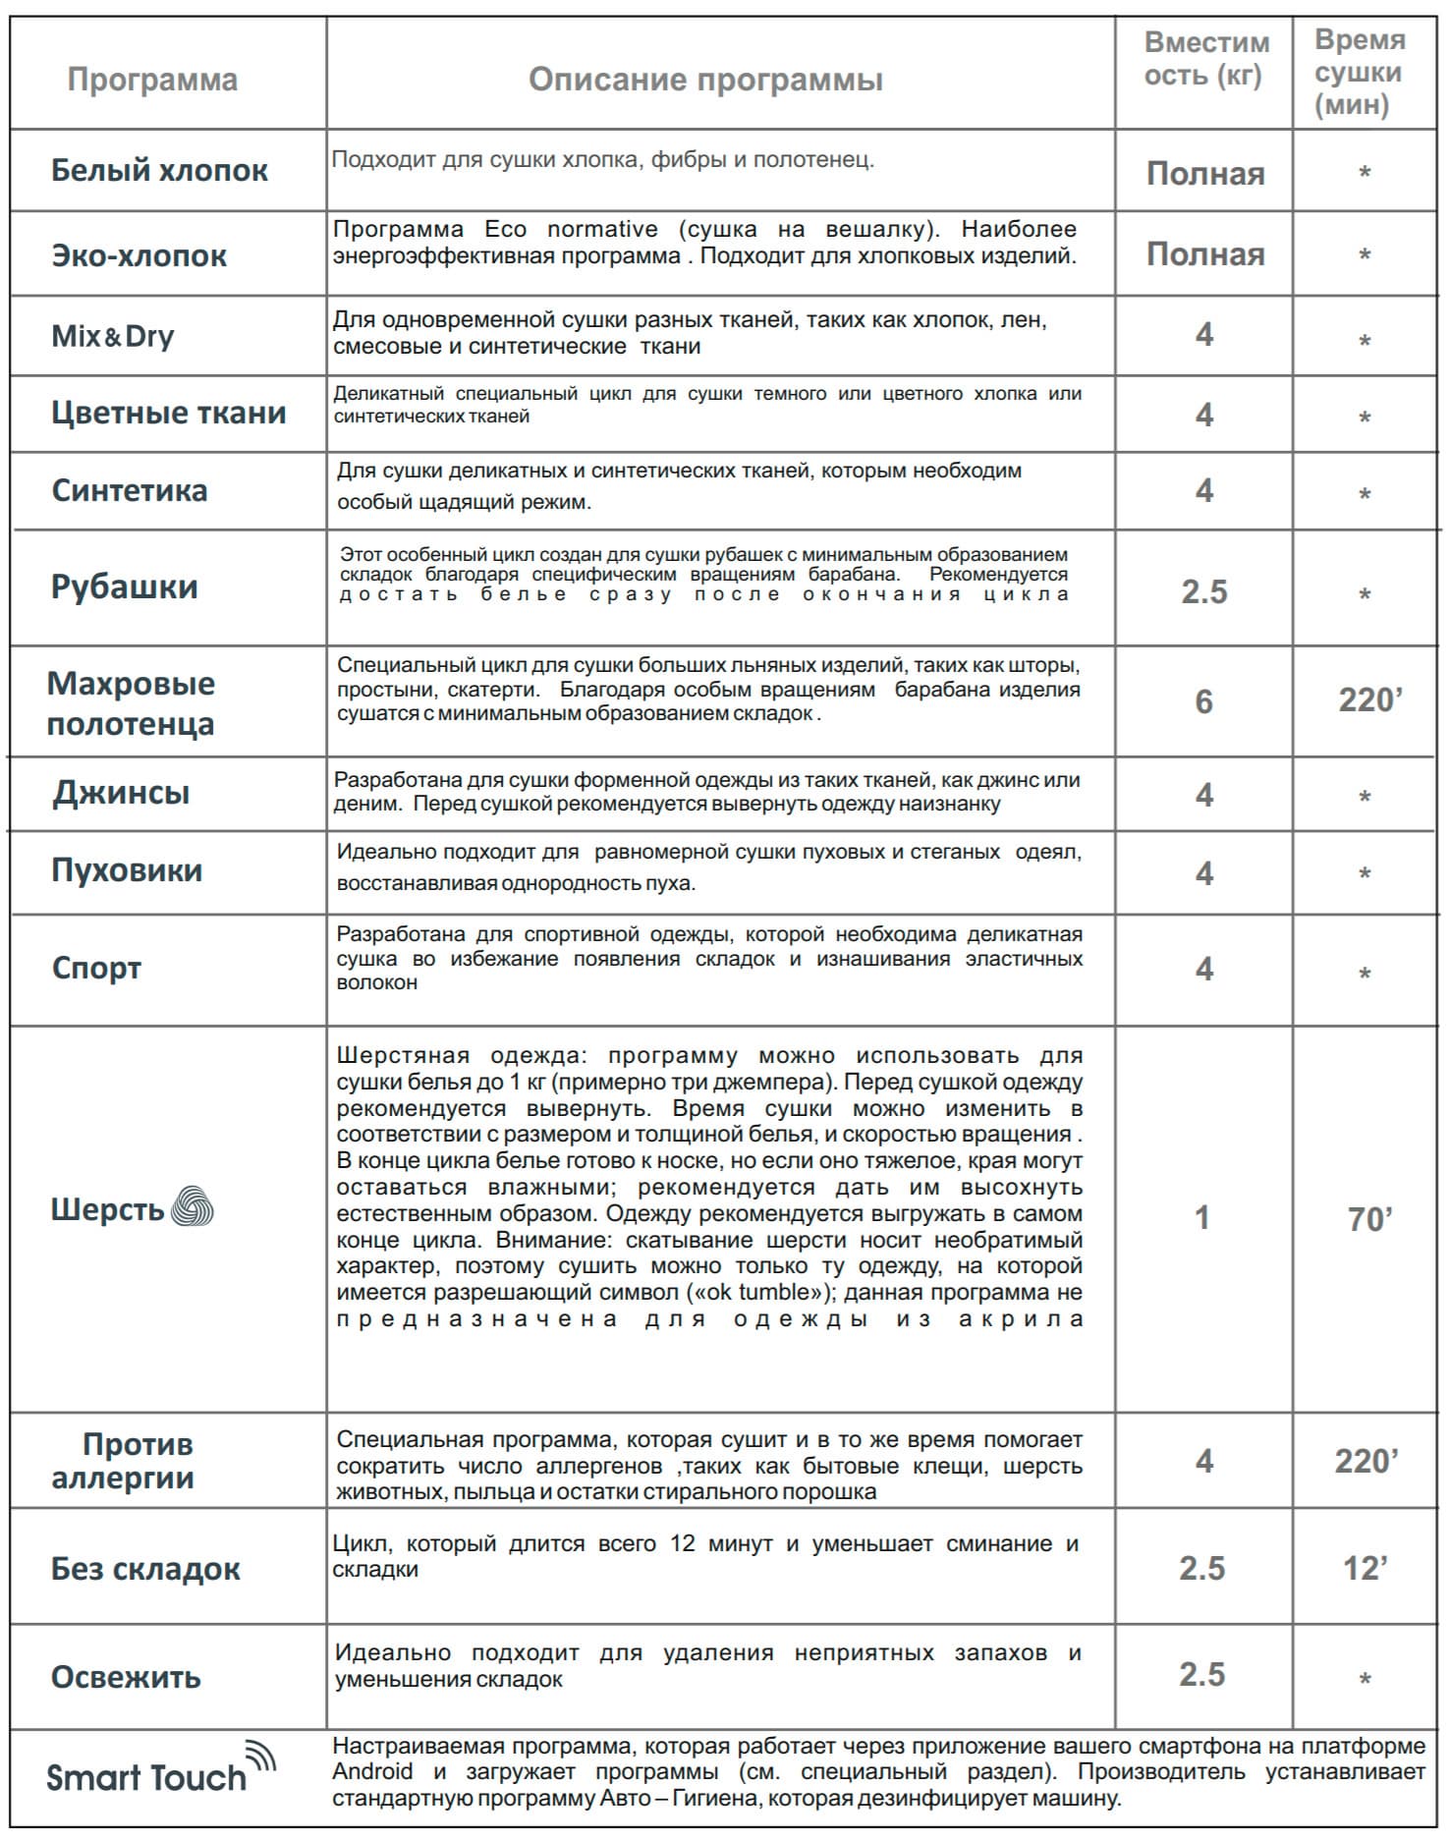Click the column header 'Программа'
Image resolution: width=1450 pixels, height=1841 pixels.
[x=152, y=80]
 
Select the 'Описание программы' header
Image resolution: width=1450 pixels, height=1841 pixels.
[x=705, y=80]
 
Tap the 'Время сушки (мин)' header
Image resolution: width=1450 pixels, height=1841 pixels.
[x=1361, y=73]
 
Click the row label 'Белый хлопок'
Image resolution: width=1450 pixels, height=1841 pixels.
[x=159, y=170]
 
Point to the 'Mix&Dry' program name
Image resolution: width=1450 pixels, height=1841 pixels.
[x=113, y=336]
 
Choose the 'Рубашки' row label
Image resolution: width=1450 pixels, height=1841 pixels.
[x=125, y=586]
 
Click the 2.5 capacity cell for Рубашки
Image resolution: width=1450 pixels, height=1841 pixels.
[x=1204, y=591]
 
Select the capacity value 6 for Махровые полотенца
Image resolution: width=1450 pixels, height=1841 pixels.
[x=1203, y=701]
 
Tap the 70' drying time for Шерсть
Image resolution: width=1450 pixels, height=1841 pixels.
[x=1369, y=1219]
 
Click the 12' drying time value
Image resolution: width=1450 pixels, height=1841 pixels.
[x=1366, y=1568]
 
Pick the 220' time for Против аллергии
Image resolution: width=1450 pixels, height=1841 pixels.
[x=1366, y=1461]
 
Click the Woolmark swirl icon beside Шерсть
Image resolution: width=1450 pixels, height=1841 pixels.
[x=193, y=1207]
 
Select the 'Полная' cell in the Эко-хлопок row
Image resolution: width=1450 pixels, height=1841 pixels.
[x=1205, y=254]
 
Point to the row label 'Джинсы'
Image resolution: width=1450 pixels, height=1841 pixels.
[x=121, y=793]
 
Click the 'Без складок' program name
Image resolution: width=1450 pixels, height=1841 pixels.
[x=145, y=1569]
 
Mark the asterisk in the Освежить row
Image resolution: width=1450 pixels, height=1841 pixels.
[x=1365, y=1679]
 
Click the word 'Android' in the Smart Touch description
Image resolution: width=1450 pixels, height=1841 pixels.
[x=372, y=1771]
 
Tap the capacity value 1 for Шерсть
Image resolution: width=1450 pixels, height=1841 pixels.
[x=1201, y=1218]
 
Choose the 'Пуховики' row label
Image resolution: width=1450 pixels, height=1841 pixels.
[x=127, y=870]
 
